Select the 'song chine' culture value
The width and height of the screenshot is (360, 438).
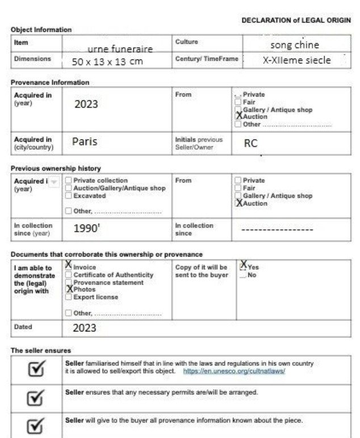tap(294, 44)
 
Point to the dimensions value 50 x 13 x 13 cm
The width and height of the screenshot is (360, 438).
tap(107, 61)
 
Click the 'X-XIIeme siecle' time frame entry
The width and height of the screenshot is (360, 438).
tap(296, 60)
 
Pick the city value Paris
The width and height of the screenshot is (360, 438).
tap(85, 142)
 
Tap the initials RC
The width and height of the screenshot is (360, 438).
tap(250, 144)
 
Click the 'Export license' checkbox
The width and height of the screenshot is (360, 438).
tap(68, 297)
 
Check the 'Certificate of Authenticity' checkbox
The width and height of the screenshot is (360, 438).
tap(68, 275)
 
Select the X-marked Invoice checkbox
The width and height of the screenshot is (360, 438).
tap(68, 266)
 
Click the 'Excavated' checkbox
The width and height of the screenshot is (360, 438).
tap(68, 196)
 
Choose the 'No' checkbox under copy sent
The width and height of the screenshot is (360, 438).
tap(243, 275)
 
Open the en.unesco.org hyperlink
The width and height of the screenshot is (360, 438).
tap(234, 371)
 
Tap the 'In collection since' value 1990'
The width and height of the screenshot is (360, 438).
tap(87, 229)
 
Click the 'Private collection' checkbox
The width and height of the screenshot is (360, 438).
tap(68, 180)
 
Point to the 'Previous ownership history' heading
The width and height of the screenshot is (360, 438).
tap(56, 168)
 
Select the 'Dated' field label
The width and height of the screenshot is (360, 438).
tap(23, 327)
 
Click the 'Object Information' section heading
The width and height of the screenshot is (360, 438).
tap(41, 30)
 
